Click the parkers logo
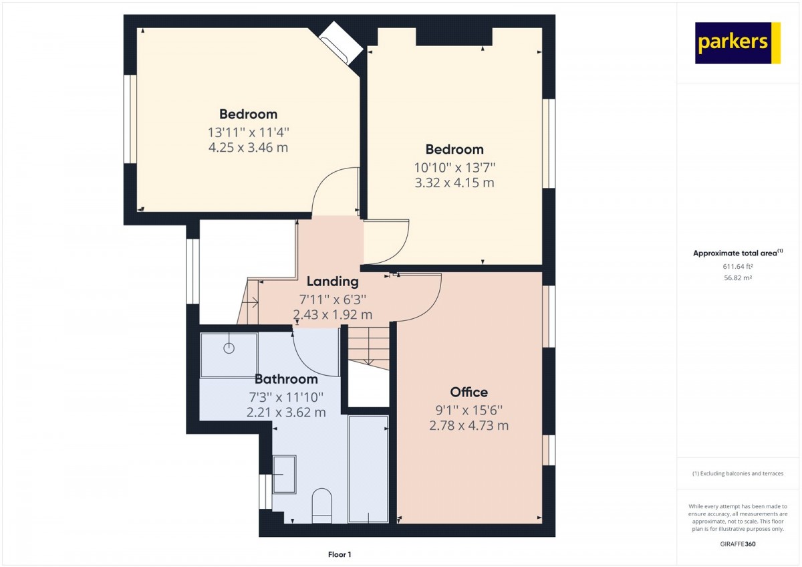(x=738, y=43)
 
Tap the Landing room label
(x=333, y=281)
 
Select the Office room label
(x=469, y=392)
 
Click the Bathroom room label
(x=286, y=379)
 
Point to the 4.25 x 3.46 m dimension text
(x=248, y=148)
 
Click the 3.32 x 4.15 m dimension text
(x=454, y=183)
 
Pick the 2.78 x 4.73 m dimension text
(x=469, y=425)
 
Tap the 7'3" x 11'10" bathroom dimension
(x=286, y=397)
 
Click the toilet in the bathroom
(x=322, y=505)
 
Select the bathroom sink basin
(x=285, y=474)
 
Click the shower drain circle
(x=229, y=348)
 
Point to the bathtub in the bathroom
(x=368, y=469)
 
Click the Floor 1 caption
(x=340, y=554)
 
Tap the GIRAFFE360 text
(x=738, y=544)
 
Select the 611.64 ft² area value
(x=738, y=267)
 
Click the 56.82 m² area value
(x=738, y=277)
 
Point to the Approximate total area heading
(x=738, y=253)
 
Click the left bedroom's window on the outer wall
(x=130, y=119)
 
